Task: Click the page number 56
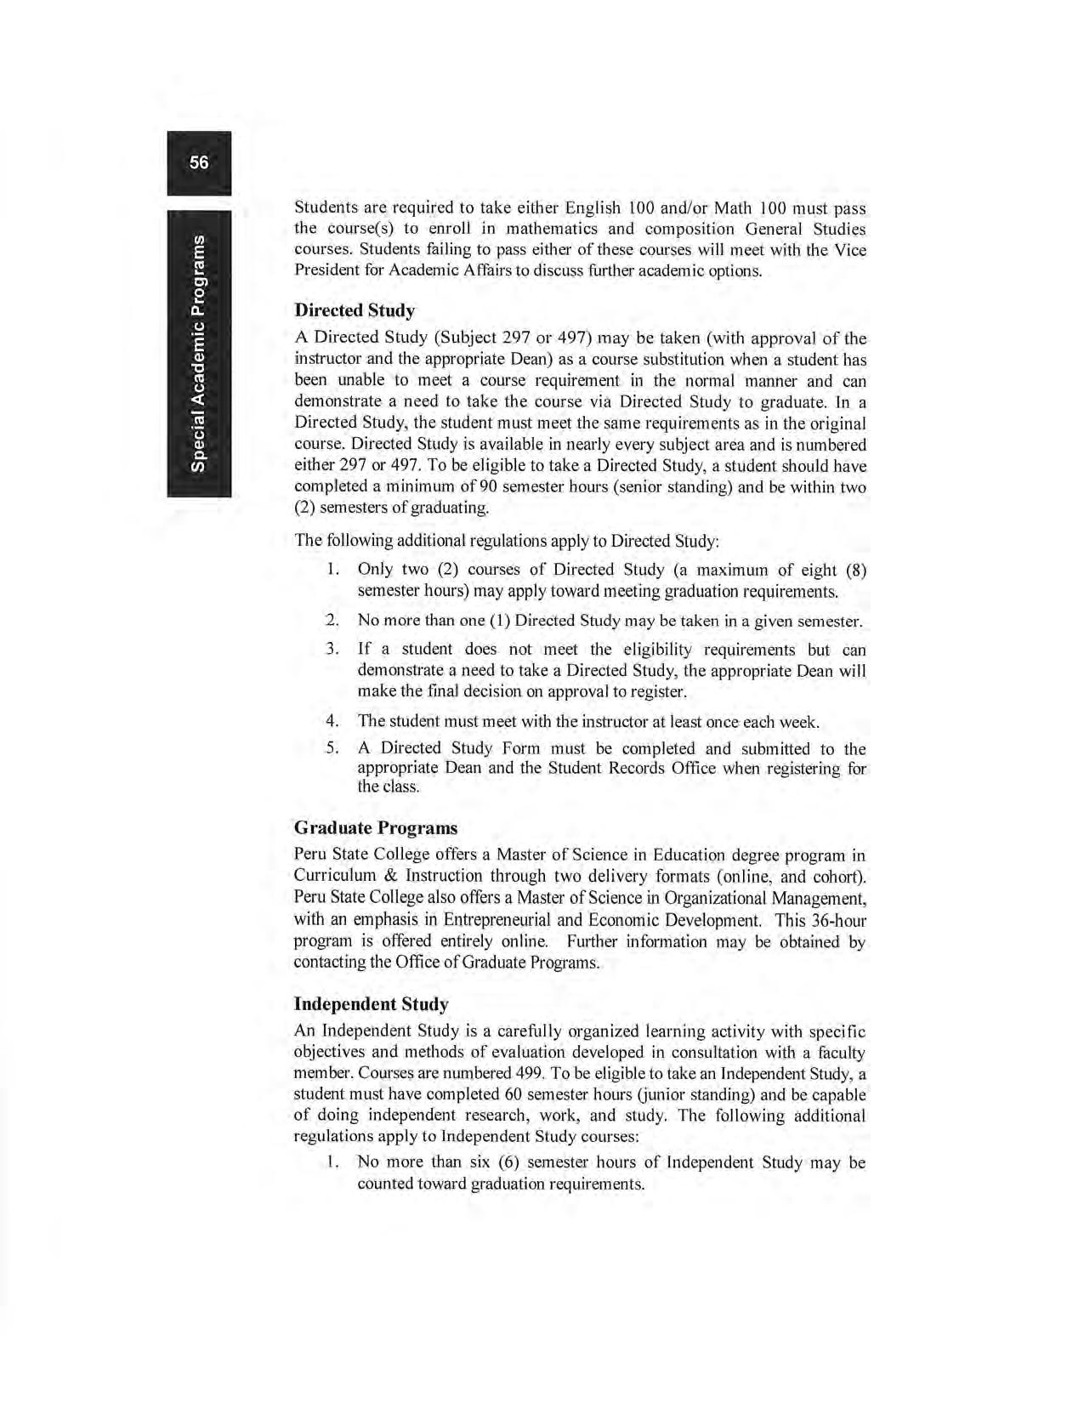pyautogui.click(x=199, y=162)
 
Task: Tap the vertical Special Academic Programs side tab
pyautogui.click(x=199, y=350)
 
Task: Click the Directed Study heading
pyautogui.click(x=355, y=310)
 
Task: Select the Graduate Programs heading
pyautogui.click(x=376, y=827)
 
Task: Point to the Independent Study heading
pyautogui.click(x=371, y=1004)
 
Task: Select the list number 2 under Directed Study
pyautogui.click(x=332, y=621)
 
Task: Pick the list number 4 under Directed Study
pyautogui.click(x=332, y=722)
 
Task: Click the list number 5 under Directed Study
pyautogui.click(x=332, y=749)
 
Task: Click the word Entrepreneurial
pyautogui.click(x=500, y=920)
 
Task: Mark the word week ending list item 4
pyautogui.click(x=800, y=722)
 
